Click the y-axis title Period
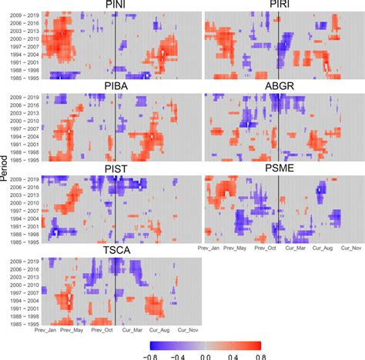[x=6, y=170]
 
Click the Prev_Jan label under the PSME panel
[x=217, y=248]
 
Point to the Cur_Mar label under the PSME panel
[x=296, y=248]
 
